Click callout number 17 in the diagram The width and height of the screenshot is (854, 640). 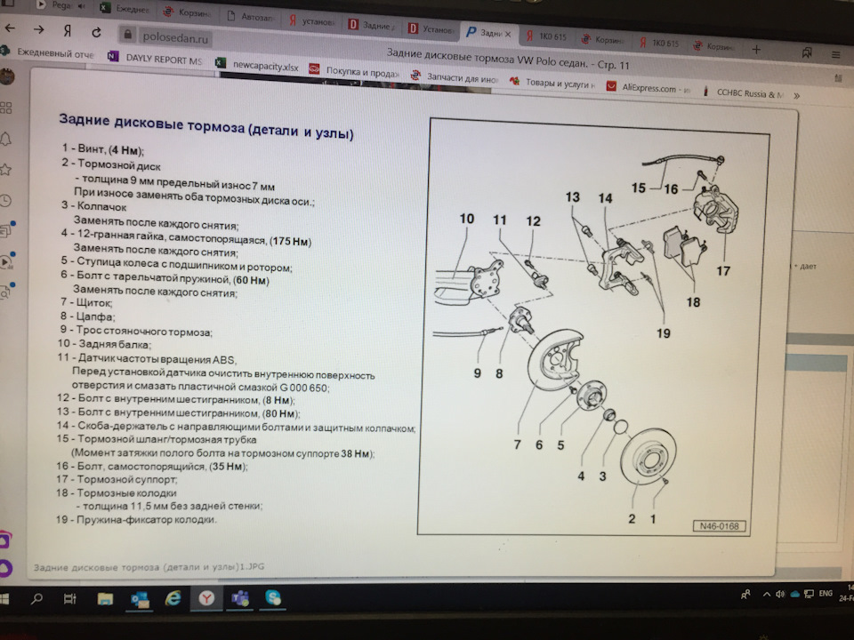(722, 271)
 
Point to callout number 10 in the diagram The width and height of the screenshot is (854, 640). (467, 219)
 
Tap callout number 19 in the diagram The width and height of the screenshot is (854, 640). (664, 334)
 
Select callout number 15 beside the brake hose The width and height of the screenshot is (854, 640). (639, 188)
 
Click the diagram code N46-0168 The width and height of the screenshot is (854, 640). (717, 524)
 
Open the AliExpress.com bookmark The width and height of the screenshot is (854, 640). (649, 89)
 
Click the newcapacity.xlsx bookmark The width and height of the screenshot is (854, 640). (264, 65)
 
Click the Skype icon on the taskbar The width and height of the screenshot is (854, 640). (272, 598)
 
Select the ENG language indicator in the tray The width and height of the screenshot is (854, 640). (826, 593)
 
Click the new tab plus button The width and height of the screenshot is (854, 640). (756, 50)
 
